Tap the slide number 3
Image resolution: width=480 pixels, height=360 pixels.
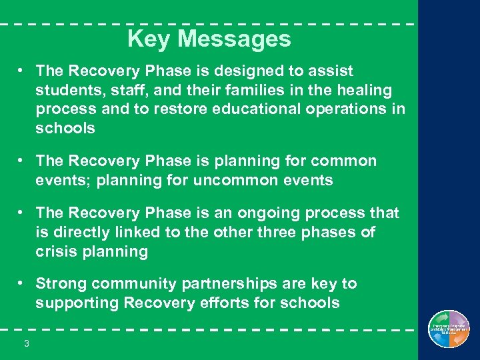26,343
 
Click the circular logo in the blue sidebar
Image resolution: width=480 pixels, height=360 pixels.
449,329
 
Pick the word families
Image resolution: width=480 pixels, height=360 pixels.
231,90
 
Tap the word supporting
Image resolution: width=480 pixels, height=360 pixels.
72,303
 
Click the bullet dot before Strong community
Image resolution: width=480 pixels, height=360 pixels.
22,283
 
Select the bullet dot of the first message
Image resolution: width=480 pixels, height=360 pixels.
22,69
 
